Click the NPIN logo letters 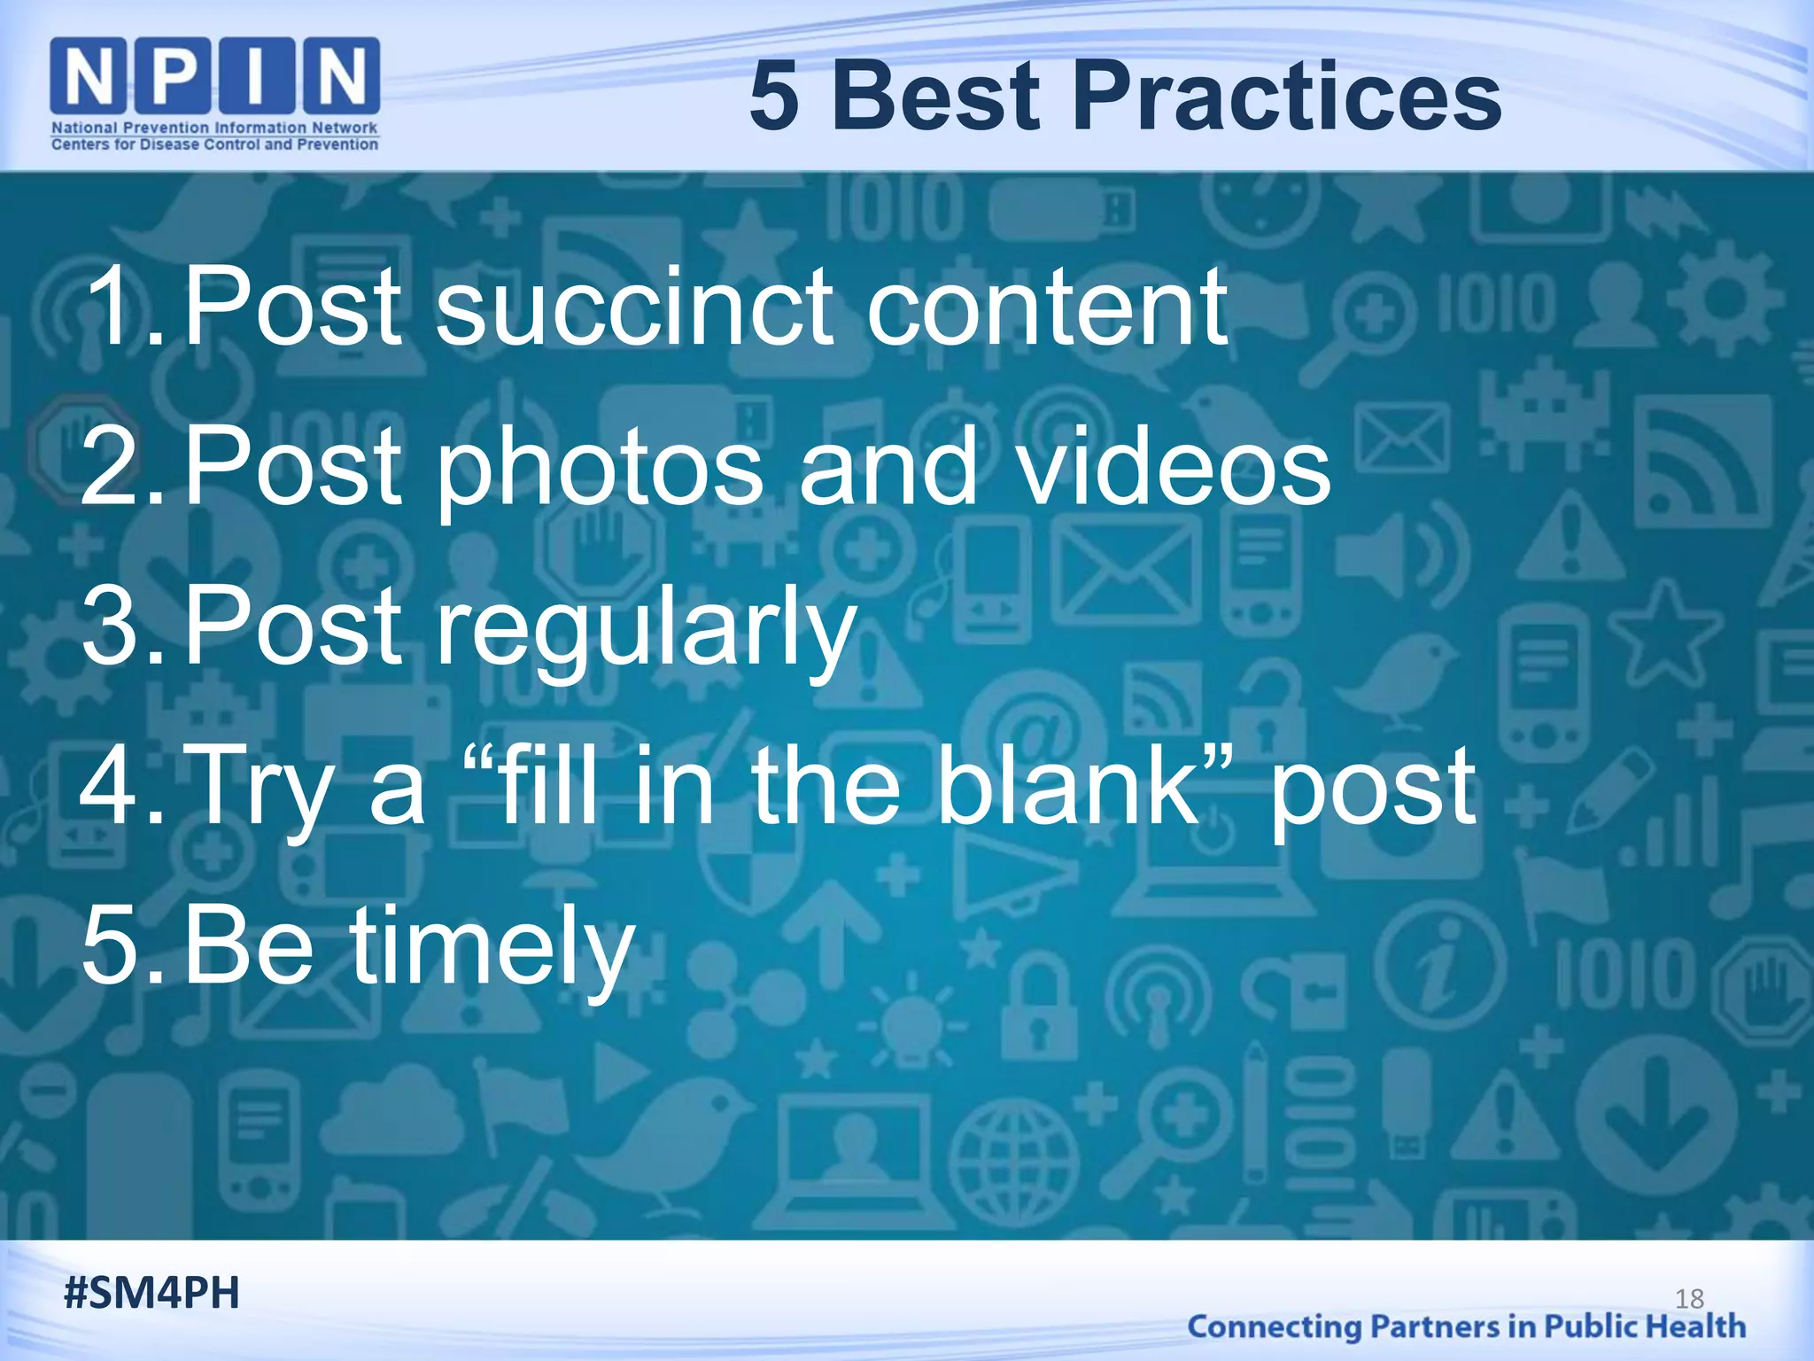pyautogui.click(x=215, y=78)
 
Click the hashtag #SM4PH pyautogui.click(x=151, y=1293)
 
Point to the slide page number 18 pyautogui.click(x=1689, y=1299)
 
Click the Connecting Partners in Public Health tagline pyautogui.click(x=1466, y=1326)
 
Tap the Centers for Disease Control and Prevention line pyautogui.click(x=215, y=144)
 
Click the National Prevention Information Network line pyautogui.click(x=215, y=128)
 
